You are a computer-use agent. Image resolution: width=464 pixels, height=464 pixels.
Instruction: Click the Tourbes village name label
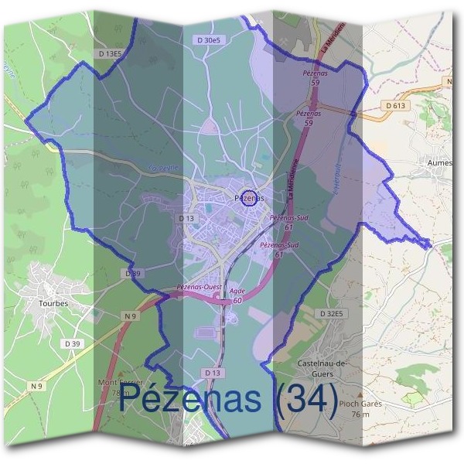point(53,304)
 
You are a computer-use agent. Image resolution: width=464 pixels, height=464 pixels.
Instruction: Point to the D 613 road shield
point(394,104)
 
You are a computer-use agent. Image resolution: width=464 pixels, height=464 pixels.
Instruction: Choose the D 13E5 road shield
point(111,53)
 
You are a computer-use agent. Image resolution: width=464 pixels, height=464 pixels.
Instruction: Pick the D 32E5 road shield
point(332,313)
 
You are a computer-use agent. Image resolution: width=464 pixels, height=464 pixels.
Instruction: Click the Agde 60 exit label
point(237,295)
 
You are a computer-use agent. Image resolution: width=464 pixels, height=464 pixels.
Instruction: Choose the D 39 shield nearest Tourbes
point(73,343)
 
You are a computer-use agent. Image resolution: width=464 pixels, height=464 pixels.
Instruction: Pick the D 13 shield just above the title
point(214,373)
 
